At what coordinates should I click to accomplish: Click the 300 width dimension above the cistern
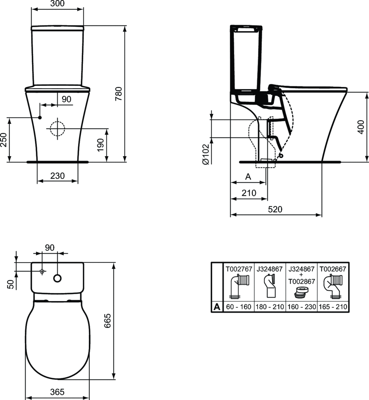click(57, 4)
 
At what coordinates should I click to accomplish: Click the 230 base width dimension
click(57, 176)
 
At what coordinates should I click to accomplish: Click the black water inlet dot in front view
click(40, 117)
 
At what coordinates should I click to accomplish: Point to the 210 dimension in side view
click(249, 193)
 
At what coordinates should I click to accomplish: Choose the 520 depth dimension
click(276, 209)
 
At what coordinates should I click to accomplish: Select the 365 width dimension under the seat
click(57, 392)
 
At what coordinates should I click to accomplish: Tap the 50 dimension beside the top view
click(11, 284)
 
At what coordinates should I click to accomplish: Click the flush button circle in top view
click(57, 278)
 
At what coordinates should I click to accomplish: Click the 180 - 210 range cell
click(270, 307)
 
